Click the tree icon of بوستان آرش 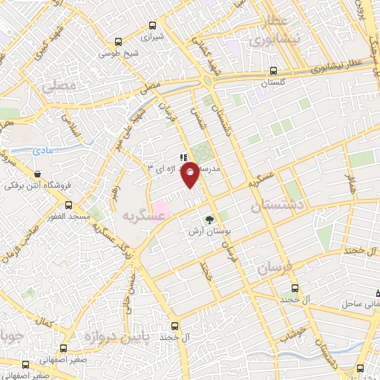tap(209, 219)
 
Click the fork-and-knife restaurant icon tap(183, 157)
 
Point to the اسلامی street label tap(73, 131)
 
